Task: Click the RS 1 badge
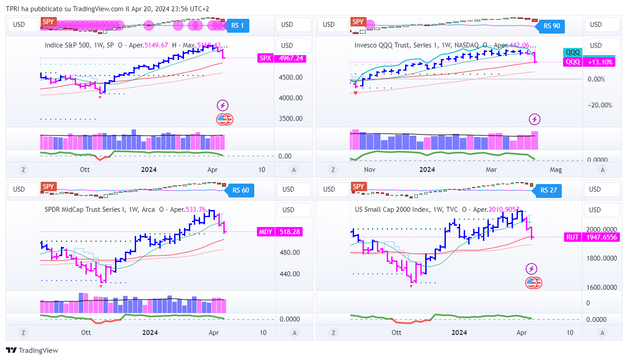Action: [x=238, y=26]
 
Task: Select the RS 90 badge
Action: [x=551, y=26]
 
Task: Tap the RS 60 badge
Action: [x=240, y=190]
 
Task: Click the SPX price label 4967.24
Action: [x=282, y=58]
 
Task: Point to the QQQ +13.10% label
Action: [x=588, y=62]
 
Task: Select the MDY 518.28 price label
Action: [x=278, y=232]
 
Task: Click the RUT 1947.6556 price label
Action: [x=592, y=237]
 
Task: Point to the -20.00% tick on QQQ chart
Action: [x=599, y=105]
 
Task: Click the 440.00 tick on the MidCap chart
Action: [x=290, y=274]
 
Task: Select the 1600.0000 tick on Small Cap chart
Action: [x=602, y=287]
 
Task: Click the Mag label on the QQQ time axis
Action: [x=555, y=170]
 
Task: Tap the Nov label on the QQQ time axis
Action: [x=370, y=170]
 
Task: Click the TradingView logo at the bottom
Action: [x=32, y=351]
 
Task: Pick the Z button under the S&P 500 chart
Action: [x=23, y=170]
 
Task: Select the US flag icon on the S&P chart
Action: [x=225, y=119]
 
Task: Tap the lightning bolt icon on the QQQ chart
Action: [x=535, y=120]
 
